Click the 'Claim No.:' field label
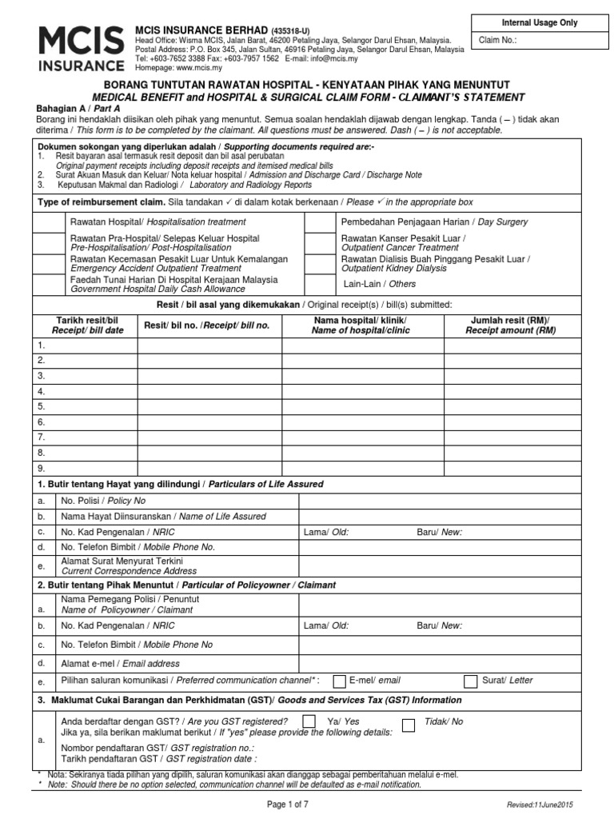click(x=497, y=39)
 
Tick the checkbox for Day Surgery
click(x=321, y=222)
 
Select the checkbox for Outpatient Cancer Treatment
click(x=321, y=243)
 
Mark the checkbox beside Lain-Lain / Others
click(x=321, y=284)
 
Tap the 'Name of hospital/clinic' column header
click(x=359, y=325)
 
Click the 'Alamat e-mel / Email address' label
click(x=120, y=663)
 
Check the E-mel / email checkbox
click(x=339, y=681)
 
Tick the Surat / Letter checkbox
click(x=472, y=681)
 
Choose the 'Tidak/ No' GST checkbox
click(x=409, y=725)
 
